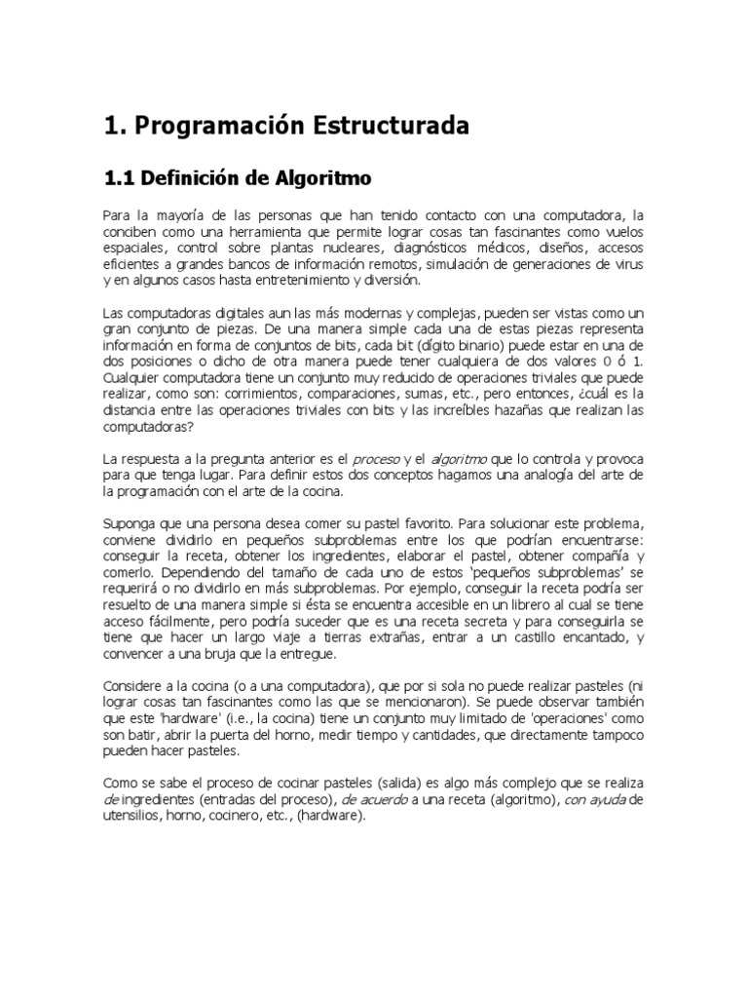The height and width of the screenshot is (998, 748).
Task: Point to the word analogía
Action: pos(547,474)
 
